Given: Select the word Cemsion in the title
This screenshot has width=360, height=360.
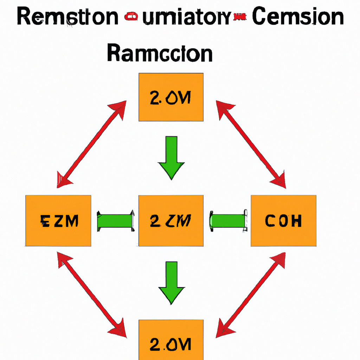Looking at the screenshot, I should pos(298,18).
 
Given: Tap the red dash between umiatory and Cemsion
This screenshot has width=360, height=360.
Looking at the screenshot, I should pos(242,16).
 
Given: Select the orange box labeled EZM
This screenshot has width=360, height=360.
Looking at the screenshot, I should pos(58,221).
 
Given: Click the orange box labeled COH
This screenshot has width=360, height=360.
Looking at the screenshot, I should pos(283,221).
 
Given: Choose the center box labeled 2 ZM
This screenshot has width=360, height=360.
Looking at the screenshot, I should pos(171,221).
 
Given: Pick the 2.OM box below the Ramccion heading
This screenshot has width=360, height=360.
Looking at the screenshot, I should pos(171,97).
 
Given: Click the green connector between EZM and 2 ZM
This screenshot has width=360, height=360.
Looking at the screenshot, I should pos(115,221).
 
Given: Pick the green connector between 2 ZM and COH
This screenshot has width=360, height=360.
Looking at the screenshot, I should pos(228,221).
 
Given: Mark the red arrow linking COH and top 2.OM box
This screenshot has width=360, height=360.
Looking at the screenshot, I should pos(251,144).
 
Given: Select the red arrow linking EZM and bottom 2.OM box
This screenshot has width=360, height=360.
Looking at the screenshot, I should pos(92,294).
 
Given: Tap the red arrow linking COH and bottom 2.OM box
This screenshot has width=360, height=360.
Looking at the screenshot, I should pos(250,294).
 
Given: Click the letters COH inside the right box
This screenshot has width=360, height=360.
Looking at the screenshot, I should pos(283,221).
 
